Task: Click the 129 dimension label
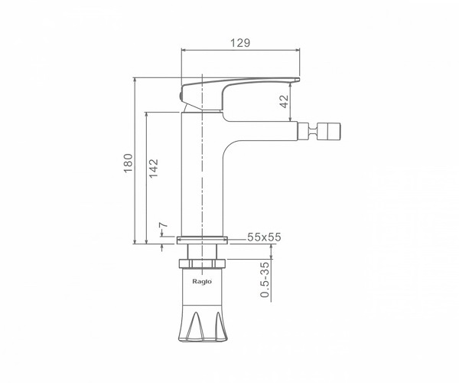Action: tap(240, 43)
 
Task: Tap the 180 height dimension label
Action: tap(129, 163)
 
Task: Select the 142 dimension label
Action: tap(154, 168)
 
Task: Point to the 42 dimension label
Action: tap(284, 101)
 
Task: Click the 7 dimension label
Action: tap(164, 225)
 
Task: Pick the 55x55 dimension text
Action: tap(264, 237)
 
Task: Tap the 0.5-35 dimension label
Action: tap(265, 280)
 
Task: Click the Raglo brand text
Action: tap(202, 282)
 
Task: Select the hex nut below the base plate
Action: tap(202, 264)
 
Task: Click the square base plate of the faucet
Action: tap(202, 240)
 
